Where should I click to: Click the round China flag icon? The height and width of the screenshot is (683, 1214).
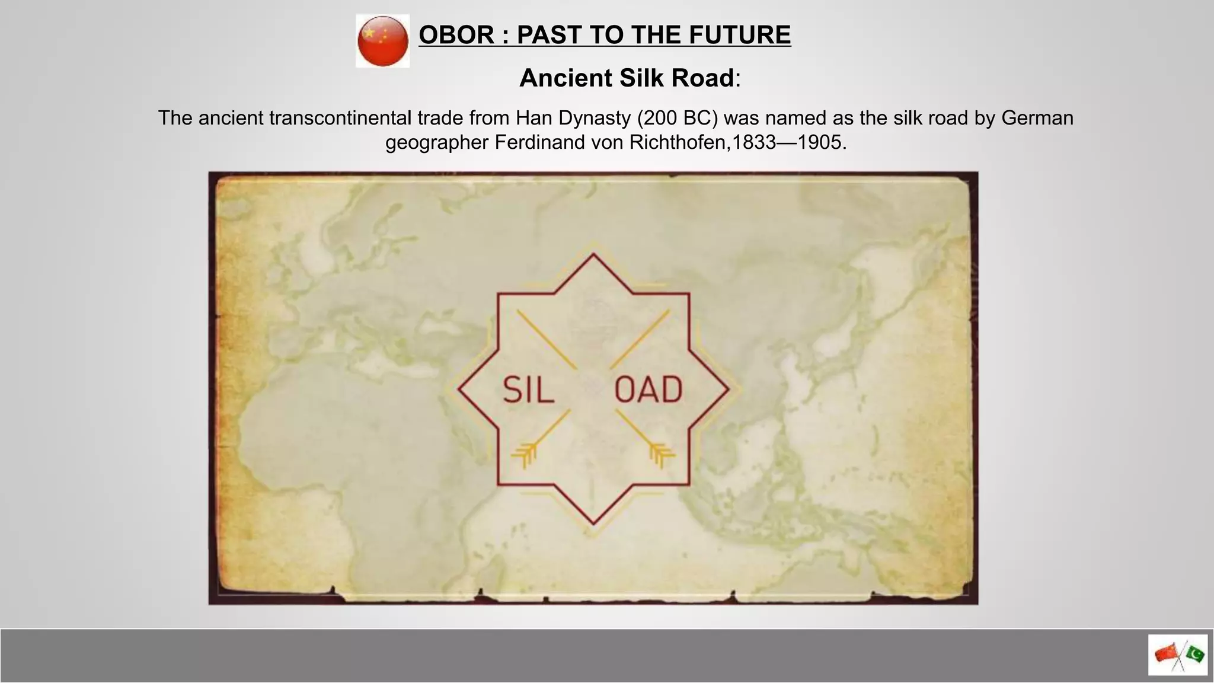coord(382,41)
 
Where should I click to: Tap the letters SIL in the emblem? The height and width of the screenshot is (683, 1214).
coord(528,390)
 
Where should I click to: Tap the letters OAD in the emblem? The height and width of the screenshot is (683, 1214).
coord(648,390)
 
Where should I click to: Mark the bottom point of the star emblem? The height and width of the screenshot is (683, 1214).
coord(593,523)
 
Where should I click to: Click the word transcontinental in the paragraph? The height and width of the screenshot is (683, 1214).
coord(340,118)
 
